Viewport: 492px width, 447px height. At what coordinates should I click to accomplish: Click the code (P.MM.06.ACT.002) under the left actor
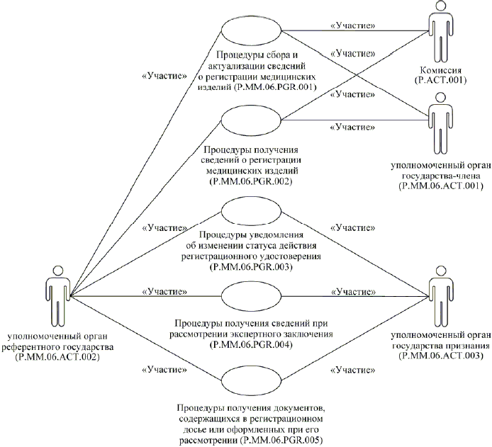[60, 358]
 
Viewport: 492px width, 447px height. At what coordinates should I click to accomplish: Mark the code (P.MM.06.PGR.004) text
[252, 345]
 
